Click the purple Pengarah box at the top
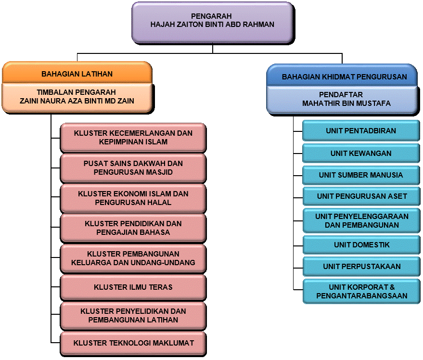[213, 23]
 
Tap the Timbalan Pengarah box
[77, 97]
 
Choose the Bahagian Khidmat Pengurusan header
[342, 76]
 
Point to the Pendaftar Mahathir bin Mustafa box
[343, 100]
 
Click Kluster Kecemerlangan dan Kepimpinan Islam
[133, 138]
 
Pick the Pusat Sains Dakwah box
[133, 168]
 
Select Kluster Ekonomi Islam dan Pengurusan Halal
[133, 198]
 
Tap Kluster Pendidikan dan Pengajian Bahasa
[133, 228]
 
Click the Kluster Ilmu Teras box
[133, 287]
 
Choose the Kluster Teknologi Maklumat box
[133, 344]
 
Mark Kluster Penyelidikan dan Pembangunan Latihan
[133, 316]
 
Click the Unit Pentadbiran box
[361, 130]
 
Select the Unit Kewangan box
[361, 153]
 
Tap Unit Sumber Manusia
[361, 175]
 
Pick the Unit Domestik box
[361, 245]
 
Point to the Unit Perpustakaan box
[361, 267]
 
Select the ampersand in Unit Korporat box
[392, 287]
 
